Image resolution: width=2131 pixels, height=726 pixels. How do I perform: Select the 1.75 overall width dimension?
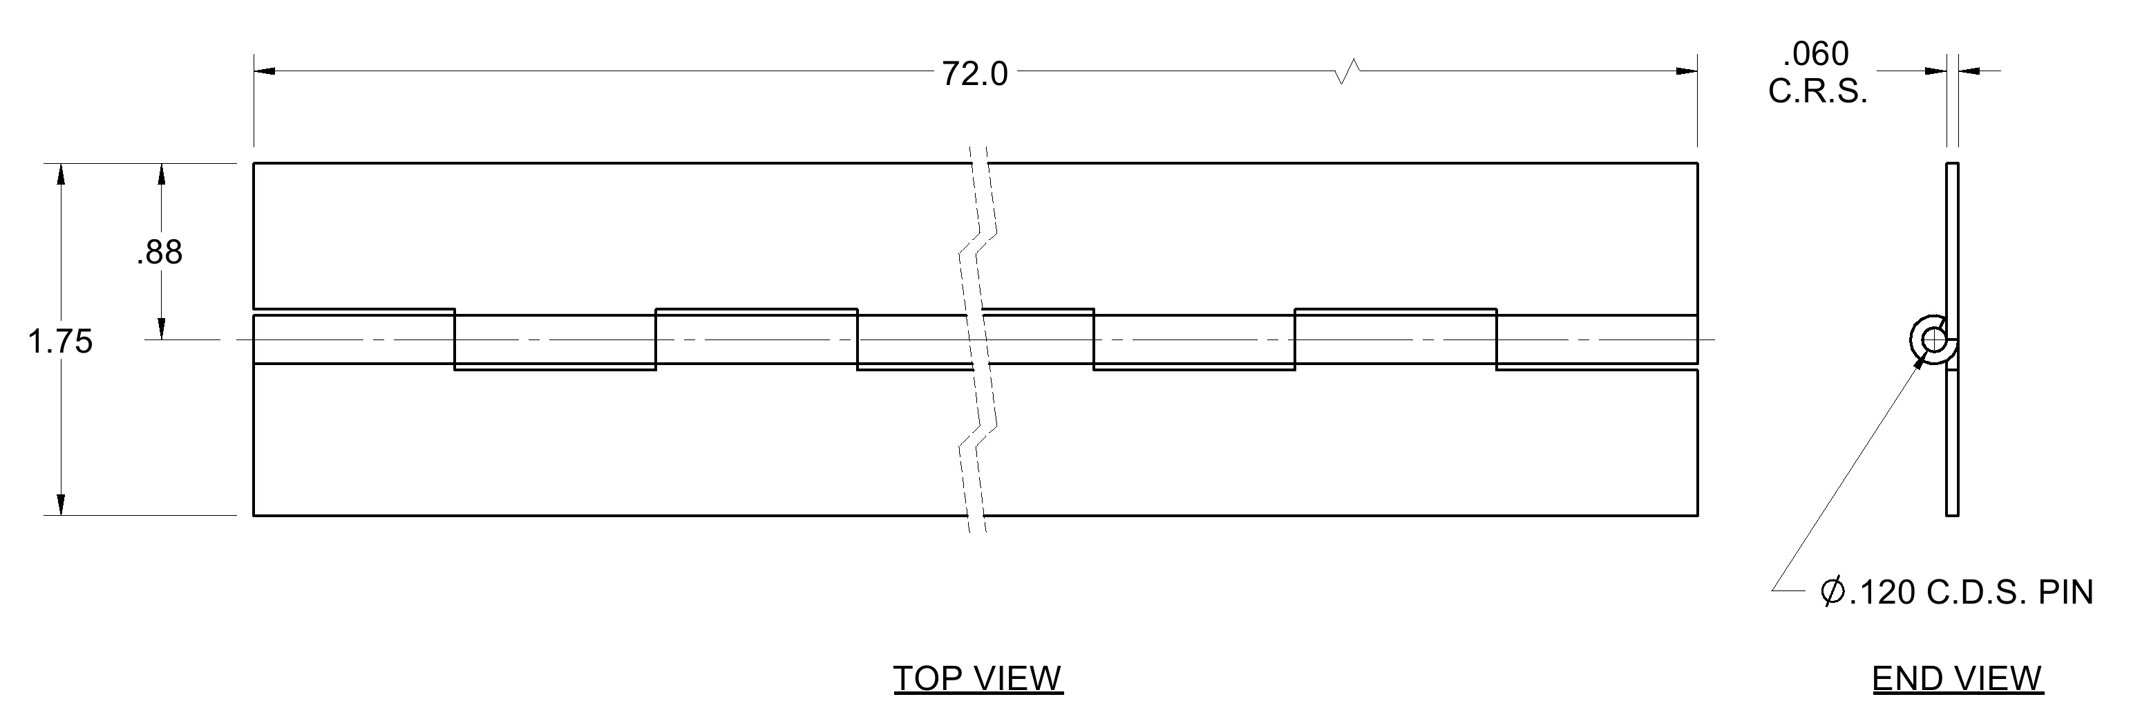coord(60,341)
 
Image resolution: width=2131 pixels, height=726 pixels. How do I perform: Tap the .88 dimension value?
coord(160,252)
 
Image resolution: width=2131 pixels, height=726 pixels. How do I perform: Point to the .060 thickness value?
coord(1816,55)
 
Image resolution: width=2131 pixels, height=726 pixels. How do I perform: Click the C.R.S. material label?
coord(1818,92)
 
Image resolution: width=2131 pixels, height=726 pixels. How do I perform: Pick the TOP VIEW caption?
coord(978,679)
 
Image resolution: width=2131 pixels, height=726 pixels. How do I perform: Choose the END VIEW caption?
coord(1958,679)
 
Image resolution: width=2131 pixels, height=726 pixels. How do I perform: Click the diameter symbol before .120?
coord(1833,592)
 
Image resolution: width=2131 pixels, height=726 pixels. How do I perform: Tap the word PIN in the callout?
coord(2065,593)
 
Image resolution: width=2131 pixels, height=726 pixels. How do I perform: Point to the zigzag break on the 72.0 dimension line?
coord(1348,71)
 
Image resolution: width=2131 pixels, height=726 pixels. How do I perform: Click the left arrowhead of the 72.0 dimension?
coord(265,71)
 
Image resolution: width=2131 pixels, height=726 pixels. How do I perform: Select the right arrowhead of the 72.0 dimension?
coord(1686,71)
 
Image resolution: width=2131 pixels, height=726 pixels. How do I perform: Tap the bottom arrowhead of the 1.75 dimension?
coord(60,504)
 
